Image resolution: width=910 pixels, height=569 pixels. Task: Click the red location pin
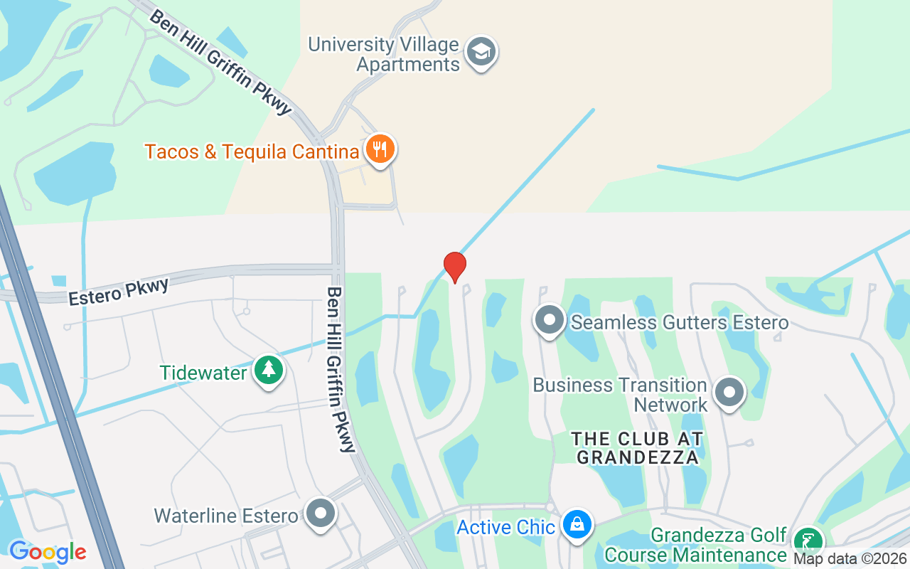click(455, 267)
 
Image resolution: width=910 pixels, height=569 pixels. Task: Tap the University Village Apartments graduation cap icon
click(481, 51)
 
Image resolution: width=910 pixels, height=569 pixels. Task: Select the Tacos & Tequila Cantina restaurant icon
click(380, 149)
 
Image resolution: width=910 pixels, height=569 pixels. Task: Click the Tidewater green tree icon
click(269, 370)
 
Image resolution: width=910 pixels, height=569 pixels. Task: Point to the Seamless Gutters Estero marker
click(550, 321)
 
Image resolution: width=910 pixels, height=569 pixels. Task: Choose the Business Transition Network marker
click(729, 393)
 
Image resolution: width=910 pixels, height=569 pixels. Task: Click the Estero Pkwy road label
click(119, 292)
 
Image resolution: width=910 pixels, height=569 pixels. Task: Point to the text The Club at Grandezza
click(638, 448)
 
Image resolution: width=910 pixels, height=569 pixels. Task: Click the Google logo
click(48, 551)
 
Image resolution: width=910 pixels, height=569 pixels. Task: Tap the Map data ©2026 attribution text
click(850, 559)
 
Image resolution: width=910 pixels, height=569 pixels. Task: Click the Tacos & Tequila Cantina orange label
click(252, 151)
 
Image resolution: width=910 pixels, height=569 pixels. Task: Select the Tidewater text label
click(203, 372)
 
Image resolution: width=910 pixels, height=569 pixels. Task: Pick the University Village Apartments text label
click(384, 54)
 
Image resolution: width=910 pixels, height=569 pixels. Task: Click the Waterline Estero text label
click(226, 515)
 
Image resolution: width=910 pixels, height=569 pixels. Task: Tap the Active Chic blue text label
click(505, 527)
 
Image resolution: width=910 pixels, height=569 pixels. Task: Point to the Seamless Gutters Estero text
click(680, 322)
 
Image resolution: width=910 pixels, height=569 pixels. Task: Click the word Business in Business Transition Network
click(572, 385)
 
